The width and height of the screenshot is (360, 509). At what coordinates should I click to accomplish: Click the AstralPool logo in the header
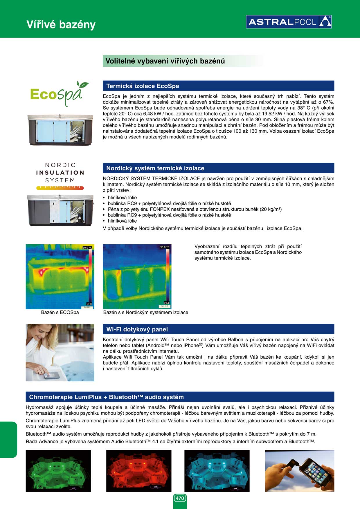[x=289, y=22]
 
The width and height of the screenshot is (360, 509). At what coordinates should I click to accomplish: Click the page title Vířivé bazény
[x=61, y=25]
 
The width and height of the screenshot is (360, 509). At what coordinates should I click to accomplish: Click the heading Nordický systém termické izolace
[x=155, y=168]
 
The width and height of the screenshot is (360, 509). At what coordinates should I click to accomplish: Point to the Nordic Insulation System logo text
[x=60, y=173]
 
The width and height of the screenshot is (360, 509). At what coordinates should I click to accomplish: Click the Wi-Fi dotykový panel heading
[x=137, y=329]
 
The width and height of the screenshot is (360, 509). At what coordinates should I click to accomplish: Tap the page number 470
[x=180, y=498]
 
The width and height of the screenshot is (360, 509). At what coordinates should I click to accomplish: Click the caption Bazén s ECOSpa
[x=60, y=313]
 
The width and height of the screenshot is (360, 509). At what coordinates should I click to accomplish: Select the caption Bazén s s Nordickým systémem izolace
[x=145, y=313]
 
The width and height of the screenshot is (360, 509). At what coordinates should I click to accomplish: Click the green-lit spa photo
[x=58, y=471]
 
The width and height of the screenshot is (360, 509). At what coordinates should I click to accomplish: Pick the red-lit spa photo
[x=138, y=471]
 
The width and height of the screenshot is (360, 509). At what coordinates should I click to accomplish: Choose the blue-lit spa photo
[x=217, y=471]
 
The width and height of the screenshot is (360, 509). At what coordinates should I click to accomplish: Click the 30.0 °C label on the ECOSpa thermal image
[x=87, y=248]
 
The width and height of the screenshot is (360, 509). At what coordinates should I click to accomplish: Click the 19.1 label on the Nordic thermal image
[x=166, y=303]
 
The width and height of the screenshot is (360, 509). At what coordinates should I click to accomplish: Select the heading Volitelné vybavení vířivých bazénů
[x=165, y=61]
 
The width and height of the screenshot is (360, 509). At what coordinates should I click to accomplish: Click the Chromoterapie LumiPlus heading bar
[x=180, y=397]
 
